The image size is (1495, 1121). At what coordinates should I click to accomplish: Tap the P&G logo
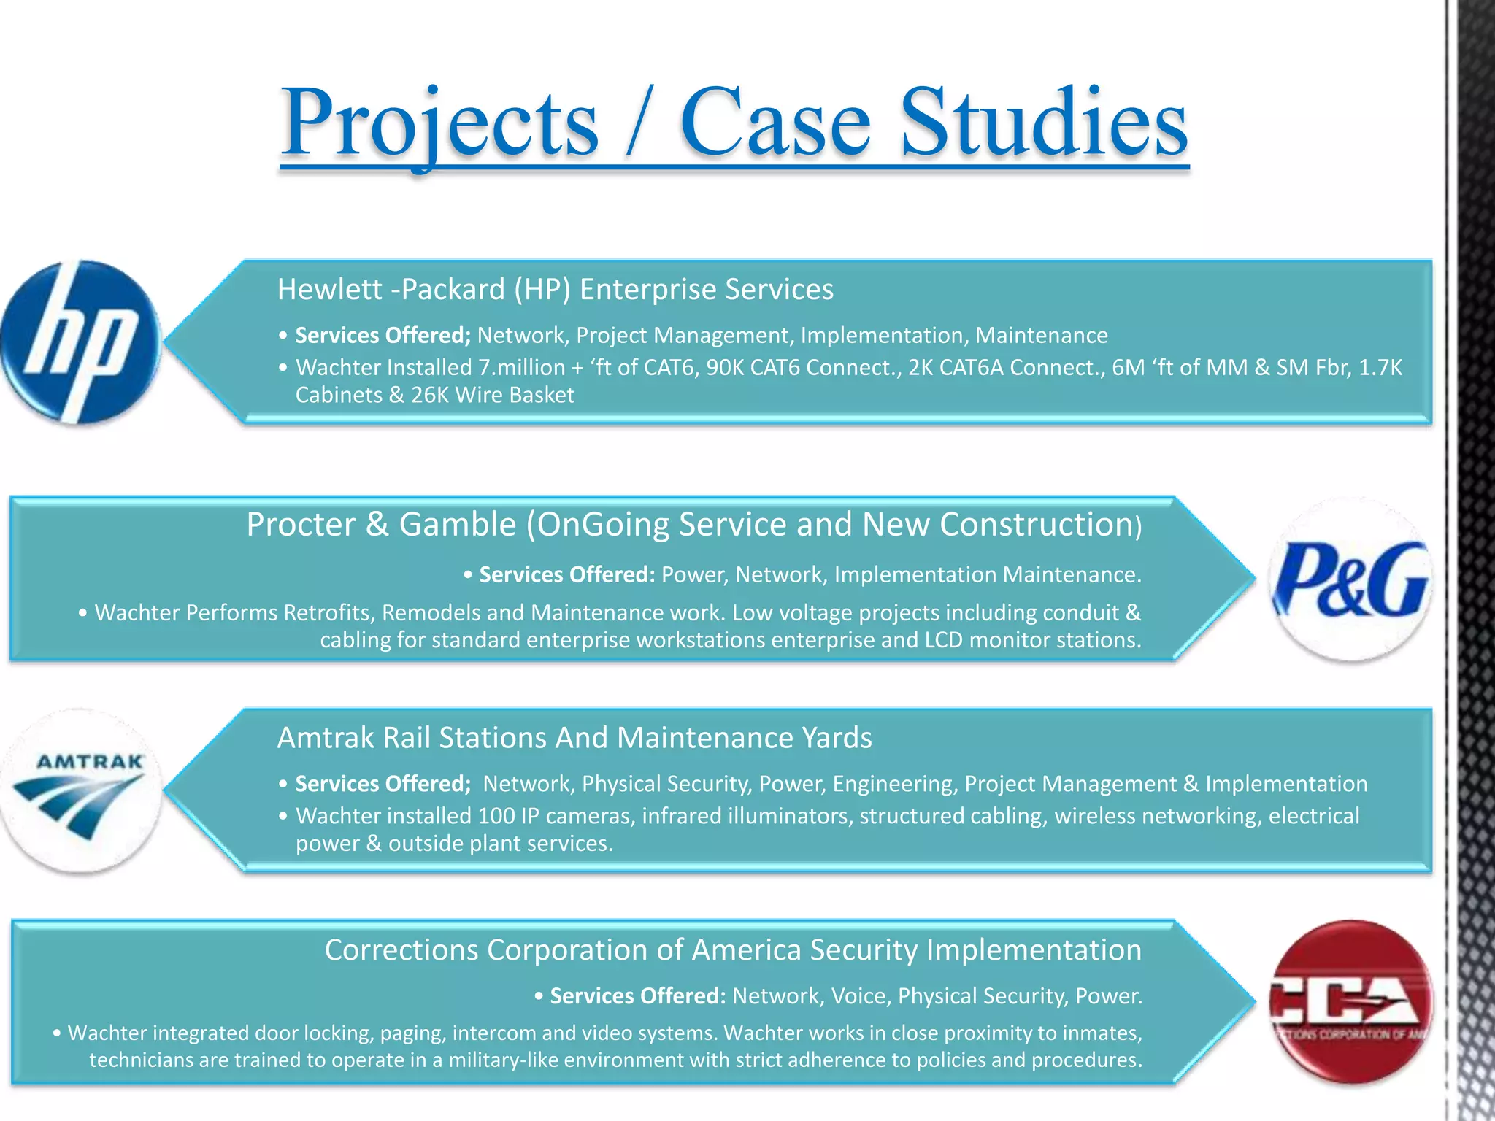(1351, 579)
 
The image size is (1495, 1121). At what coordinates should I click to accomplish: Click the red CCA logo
(1351, 1001)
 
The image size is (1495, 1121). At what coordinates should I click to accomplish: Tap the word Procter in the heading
(301, 525)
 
